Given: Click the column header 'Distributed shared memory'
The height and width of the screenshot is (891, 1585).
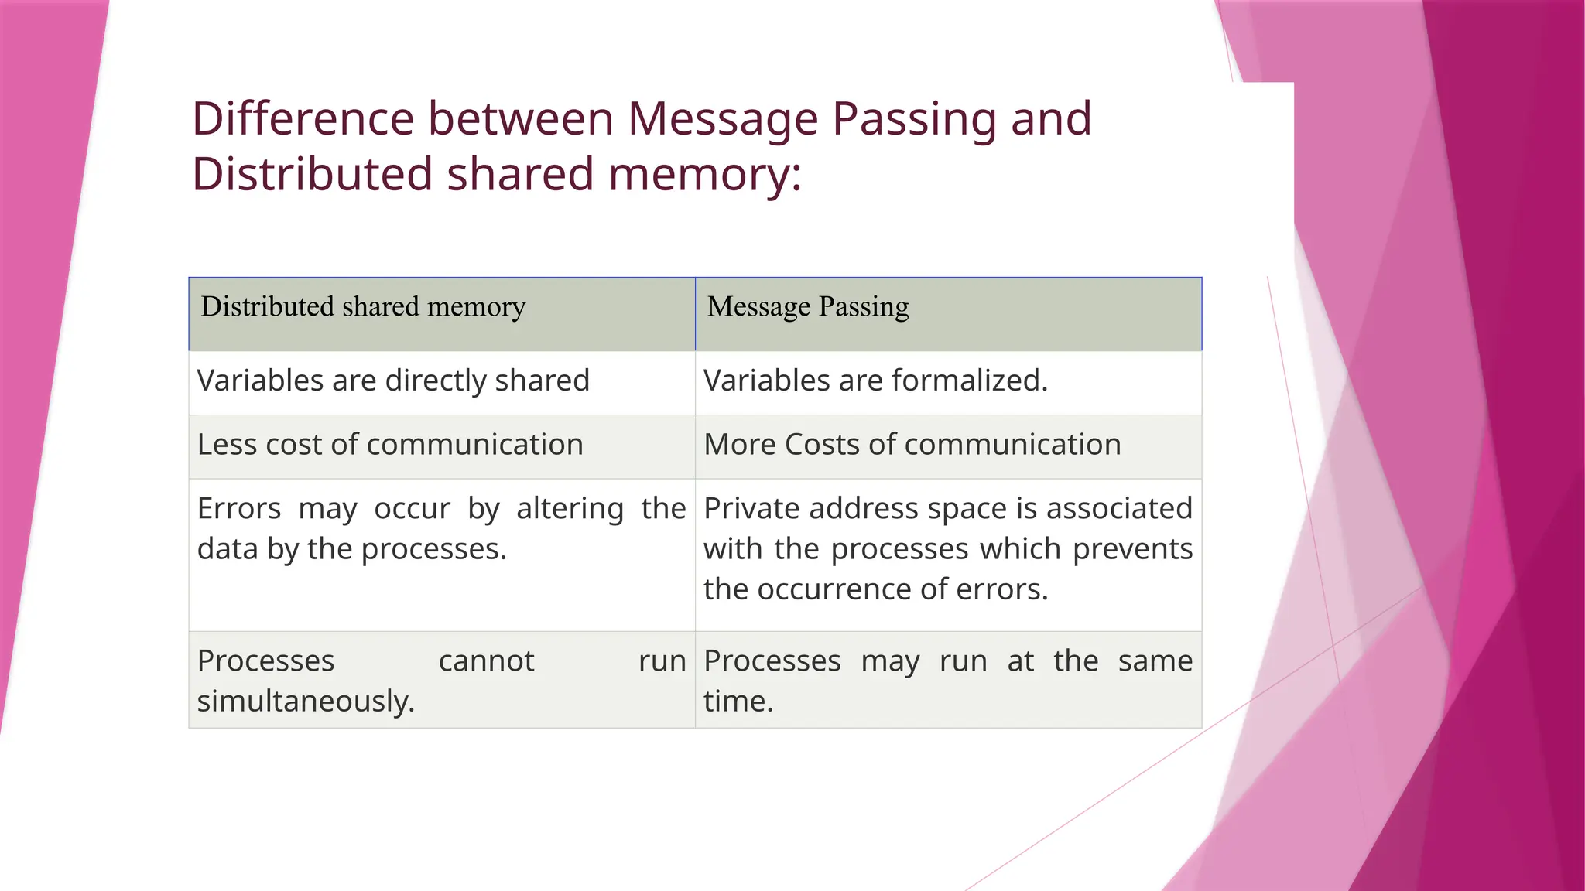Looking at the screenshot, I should click(x=363, y=307).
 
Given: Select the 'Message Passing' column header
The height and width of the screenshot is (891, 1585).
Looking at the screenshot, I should click(x=808, y=307).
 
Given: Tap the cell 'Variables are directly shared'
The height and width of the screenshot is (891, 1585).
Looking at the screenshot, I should click(x=393, y=381).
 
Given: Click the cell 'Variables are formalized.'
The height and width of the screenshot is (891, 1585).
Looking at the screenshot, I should click(x=875, y=381).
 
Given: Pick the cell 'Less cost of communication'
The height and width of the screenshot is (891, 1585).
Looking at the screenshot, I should click(x=390, y=445).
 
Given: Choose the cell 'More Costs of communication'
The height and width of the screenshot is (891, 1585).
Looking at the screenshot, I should click(x=912, y=445).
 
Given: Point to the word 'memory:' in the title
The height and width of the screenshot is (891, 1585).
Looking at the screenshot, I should click(x=704, y=174).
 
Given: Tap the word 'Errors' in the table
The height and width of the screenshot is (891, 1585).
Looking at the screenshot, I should click(x=239, y=509).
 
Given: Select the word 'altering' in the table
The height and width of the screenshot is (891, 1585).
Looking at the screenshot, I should click(x=570, y=509).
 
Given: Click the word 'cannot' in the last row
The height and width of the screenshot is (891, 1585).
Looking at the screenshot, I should click(x=486, y=661).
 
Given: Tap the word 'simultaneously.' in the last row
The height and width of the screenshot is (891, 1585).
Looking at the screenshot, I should click(x=306, y=702).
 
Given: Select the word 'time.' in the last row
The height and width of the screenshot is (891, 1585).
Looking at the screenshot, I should click(x=738, y=702).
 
